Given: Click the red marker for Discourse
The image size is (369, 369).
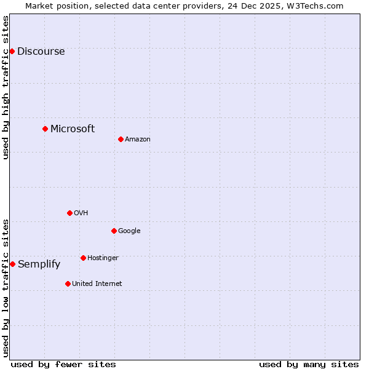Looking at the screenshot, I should [x=12, y=51].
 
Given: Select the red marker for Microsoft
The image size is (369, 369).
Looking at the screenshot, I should [x=45, y=129].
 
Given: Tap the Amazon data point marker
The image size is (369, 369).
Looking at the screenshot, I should [x=121, y=139].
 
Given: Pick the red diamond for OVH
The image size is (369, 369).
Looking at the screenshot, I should [x=69, y=213].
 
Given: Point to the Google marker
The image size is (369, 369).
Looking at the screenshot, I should [x=114, y=231].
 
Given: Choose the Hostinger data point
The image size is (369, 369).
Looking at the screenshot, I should [x=83, y=258].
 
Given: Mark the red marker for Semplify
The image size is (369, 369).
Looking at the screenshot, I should [x=12, y=264].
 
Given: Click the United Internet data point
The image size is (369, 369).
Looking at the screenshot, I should [x=68, y=284].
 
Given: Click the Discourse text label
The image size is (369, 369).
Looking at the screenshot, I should [x=41, y=52].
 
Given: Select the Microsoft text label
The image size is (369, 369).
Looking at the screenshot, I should [x=73, y=129].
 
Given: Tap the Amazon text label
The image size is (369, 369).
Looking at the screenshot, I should [x=138, y=140].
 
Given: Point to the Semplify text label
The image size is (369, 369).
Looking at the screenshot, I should [x=39, y=264].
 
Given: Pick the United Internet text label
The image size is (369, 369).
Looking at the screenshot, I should [x=97, y=284].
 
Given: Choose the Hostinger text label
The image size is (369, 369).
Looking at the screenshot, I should [x=103, y=258].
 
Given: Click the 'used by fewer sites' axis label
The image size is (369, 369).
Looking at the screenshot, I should [x=63, y=364].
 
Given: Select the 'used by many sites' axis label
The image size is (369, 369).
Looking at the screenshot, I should [x=309, y=364].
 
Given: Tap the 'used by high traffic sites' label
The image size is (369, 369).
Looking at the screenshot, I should [x=6, y=87].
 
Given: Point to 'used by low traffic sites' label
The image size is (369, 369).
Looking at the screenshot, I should [x=6, y=288].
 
